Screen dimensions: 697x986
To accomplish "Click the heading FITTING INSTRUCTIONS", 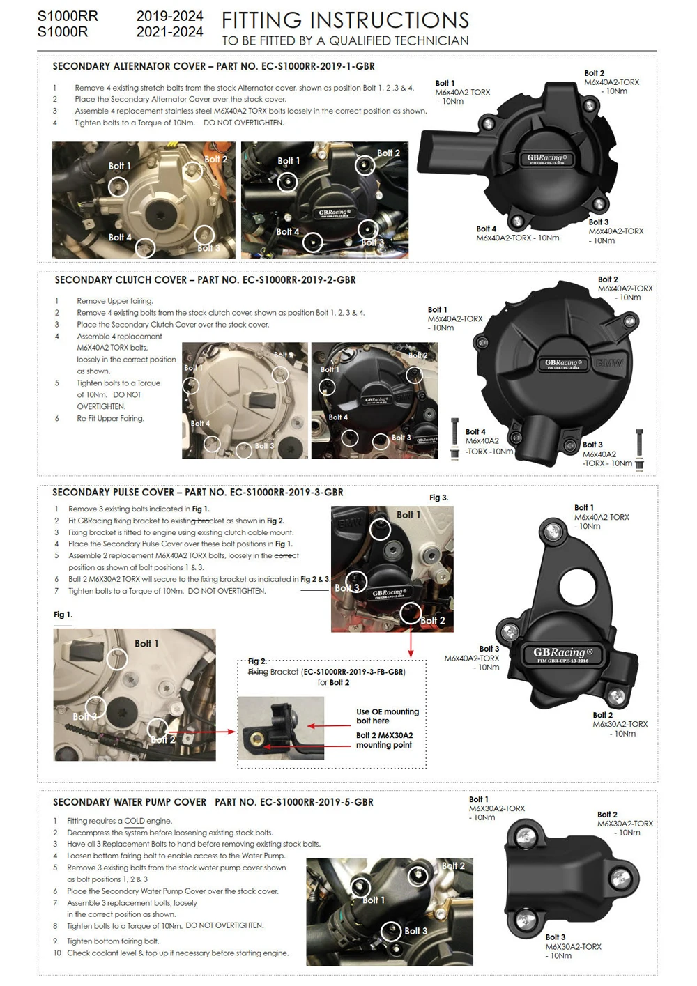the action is pyautogui.click(x=345, y=20).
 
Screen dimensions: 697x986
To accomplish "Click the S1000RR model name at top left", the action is pyautogui.click(x=68, y=15).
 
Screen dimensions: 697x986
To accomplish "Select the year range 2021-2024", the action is pyautogui.click(x=169, y=32).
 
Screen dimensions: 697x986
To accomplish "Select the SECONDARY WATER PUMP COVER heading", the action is pyautogui.click(x=130, y=802).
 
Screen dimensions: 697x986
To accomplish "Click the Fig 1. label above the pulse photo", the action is pyautogui.click(x=63, y=615).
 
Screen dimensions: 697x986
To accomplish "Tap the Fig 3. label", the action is pyautogui.click(x=438, y=498).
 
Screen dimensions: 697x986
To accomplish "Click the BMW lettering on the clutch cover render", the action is pyautogui.click(x=609, y=363).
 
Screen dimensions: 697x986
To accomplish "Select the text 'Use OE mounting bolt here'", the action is pyautogui.click(x=388, y=716).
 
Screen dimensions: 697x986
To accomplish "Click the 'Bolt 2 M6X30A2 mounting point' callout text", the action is pyautogui.click(x=384, y=740).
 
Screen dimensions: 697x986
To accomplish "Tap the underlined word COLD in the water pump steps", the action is pyautogui.click(x=134, y=821).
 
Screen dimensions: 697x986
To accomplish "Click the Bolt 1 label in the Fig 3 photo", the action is pyautogui.click(x=408, y=515).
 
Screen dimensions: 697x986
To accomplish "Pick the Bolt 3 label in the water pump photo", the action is pyautogui.click(x=416, y=931).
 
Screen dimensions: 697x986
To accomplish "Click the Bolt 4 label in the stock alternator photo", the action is pyautogui.click(x=119, y=238).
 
